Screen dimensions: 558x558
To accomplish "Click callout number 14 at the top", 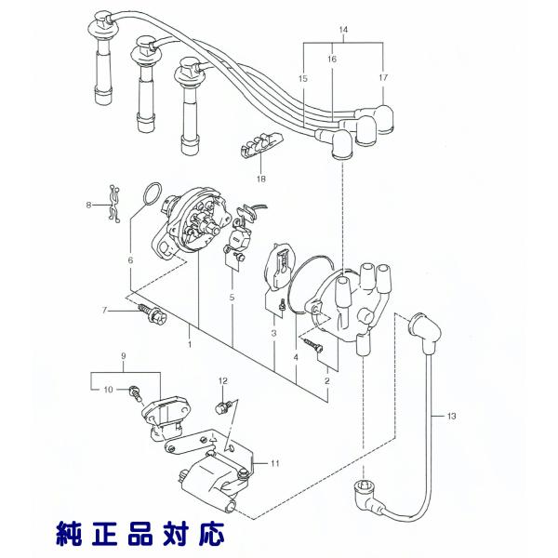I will (x=344, y=32).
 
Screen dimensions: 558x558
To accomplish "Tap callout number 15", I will (x=303, y=78).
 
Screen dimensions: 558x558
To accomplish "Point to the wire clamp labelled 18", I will (x=259, y=146).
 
